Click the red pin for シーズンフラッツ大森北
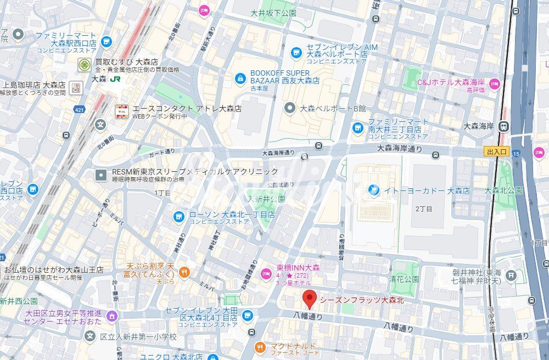pyautogui.click(x=310, y=300)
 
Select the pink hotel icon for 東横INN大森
pyautogui.click(x=266, y=273)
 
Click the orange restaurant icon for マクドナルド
pyautogui.click(x=260, y=347)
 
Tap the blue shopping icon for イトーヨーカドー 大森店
pyautogui.click(x=374, y=190)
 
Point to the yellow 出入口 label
pyautogui.click(x=497, y=151)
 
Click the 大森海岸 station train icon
pyautogui.click(x=503, y=126)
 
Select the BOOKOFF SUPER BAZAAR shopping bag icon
pyautogui.click(x=240, y=79)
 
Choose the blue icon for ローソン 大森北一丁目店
pyautogui.click(x=178, y=216)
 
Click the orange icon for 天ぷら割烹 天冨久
pyautogui.click(x=184, y=271)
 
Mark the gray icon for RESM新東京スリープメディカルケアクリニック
pyautogui.click(x=101, y=175)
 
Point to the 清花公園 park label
pyautogui.click(x=405, y=278)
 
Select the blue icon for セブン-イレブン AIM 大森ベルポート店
pyautogui.click(x=296, y=52)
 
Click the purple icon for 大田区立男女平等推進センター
pyautogui.click(x=112, y=316)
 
